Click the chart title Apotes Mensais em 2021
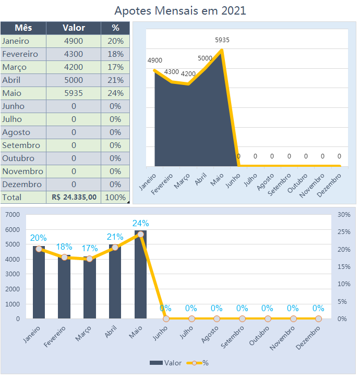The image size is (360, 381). (180, 10)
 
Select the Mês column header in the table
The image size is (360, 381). (23, 28)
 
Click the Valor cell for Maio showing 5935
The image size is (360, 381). (74, 93)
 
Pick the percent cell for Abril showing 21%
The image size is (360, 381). (115, 80)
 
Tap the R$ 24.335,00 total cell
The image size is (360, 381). (74, 198)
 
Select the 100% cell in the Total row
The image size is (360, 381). (115, 198)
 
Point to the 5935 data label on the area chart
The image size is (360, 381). (222, 40)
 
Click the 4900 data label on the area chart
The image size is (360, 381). (154, 60)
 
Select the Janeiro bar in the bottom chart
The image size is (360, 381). (39, 282)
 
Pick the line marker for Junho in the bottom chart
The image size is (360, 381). (166, 318)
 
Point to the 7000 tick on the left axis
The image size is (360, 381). (12, 215)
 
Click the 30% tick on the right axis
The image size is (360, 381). (344, 215)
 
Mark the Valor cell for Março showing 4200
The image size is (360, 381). (74, 67)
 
